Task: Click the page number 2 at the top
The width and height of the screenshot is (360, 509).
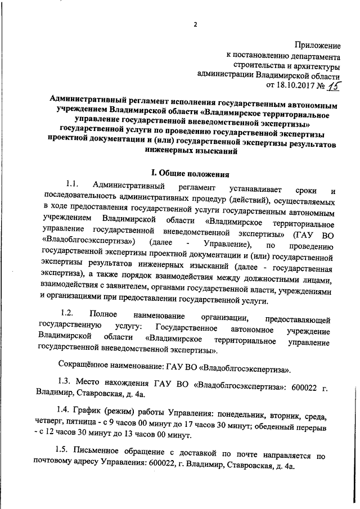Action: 196,25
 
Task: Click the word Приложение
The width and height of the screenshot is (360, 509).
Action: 317,44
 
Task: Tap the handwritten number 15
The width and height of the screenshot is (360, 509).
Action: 336,85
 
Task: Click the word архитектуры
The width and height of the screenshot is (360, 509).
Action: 313,66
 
